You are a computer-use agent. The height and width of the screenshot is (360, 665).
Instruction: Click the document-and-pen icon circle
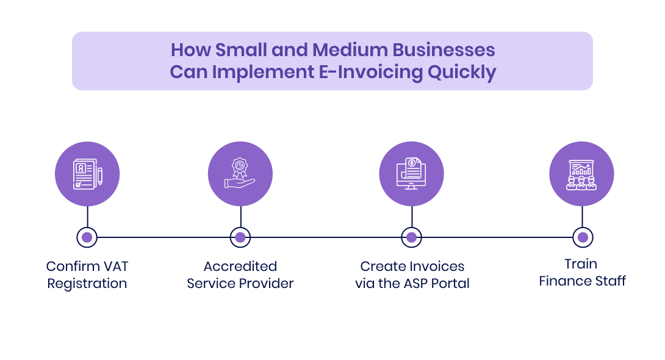[x=87, y=174]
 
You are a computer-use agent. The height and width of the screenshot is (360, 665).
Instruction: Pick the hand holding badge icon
[x=240, y=174]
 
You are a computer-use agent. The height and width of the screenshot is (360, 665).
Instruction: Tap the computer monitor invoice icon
[x=411, y=174]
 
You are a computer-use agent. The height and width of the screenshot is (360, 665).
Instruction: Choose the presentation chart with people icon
[x=581, y=174]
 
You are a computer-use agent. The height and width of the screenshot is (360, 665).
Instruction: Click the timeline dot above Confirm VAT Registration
[x=87, y=237]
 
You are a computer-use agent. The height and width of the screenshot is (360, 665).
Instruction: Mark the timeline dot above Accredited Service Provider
[x=240, y=237]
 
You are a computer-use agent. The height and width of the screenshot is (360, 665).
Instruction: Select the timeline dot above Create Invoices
[x=411, y=237]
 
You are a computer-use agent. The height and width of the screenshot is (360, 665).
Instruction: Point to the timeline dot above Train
[x=583, y=237]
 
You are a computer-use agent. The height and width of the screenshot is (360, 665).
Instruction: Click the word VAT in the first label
[x=115, y=267]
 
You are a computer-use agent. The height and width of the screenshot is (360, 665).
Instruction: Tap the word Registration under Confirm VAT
[x=87, y=284]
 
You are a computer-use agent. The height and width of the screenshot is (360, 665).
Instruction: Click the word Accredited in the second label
[x=240, y=267]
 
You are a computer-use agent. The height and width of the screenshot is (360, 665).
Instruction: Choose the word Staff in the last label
[x=610, y=281]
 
